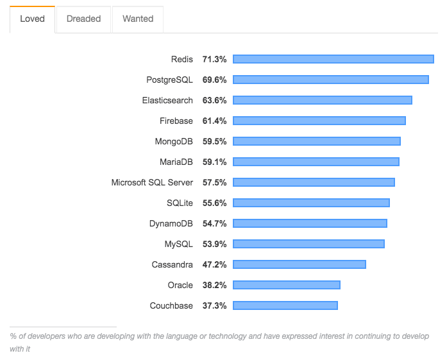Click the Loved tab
(32, 19)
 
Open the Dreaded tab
(83, 19)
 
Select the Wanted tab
(138, 19)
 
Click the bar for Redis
(333, 59)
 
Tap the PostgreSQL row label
(169, 80)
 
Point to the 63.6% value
(214, 100)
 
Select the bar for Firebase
(319, 121)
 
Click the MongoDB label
(174, 141)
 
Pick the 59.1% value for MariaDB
(214, 162)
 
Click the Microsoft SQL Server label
(152, 182)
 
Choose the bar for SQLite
(311, 203)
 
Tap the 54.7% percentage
(214, 223)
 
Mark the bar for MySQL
(308, 244)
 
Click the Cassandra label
(173, 264)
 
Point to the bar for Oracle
(287, 285)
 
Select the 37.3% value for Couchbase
(214, 305)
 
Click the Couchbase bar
(285, 305)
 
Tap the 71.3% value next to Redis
(214, 59)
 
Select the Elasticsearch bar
(323, 100)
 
